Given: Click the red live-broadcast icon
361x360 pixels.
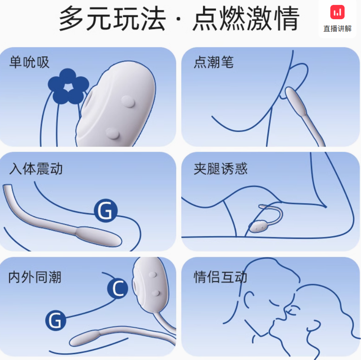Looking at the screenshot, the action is tap(337, 12).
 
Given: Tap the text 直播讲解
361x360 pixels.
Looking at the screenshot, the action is tap(337, 29).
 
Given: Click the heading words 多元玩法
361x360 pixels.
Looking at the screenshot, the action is tap(112, 18).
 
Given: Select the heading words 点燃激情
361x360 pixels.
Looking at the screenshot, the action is tap(246, 18).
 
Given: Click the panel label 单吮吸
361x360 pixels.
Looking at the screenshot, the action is tap(29, 62).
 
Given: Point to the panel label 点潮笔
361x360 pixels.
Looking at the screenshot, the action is tap(214, 62).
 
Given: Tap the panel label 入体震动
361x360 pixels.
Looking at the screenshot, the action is tap(36, 169).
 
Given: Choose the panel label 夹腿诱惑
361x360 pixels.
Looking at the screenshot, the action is tap(221, 169).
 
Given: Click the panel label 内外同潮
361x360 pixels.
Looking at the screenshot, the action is tap(35, 277).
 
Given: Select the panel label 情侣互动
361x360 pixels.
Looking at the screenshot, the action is tap(220, 277).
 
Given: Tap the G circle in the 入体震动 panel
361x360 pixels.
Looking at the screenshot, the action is tap(106, 210).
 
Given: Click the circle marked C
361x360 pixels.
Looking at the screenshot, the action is tap(118, 289).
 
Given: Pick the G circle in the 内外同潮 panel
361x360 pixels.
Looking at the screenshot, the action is tap(56, 320).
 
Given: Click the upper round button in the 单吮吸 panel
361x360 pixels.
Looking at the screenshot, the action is tap(128, 102).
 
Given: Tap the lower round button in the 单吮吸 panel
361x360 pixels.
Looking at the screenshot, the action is tap(112, 134).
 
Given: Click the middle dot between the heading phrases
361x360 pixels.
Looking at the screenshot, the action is tap(179, 19).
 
